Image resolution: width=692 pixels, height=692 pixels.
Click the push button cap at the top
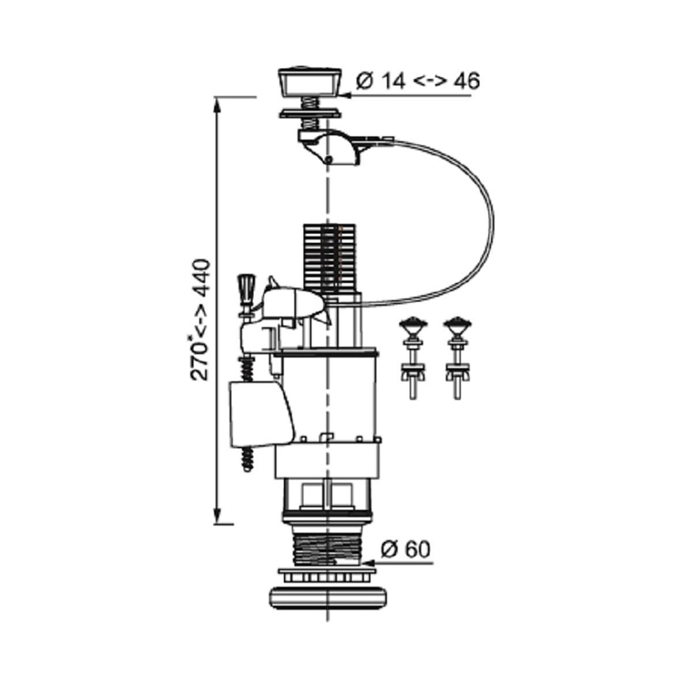click(x=309, y=82)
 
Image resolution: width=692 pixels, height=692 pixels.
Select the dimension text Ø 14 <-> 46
click(x=418, y=81)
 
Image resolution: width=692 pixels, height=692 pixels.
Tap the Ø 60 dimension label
click(x=405, y=559)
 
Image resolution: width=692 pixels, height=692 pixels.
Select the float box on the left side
click(x=261, y=414)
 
